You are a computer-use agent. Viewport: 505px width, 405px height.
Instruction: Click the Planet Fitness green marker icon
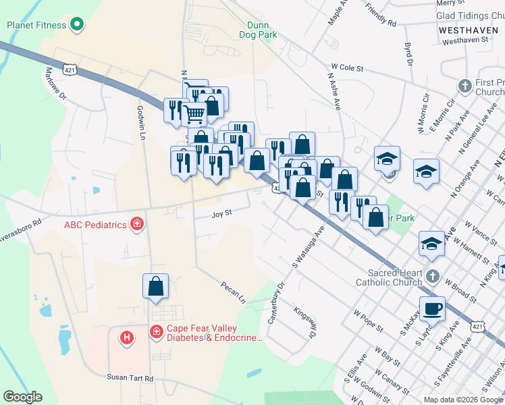click(x=77, y=26)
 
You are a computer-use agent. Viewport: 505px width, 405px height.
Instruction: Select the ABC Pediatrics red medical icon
click(x=137, y=223)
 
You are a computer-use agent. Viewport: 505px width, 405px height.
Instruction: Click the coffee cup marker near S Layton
click(x=432, y=308)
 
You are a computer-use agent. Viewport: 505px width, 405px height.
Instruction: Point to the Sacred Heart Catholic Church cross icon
click(x=433, y=277)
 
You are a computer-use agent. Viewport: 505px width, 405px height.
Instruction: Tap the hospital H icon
click(x=126, y=337)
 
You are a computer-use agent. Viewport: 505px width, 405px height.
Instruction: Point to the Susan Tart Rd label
click(x=130, y=379)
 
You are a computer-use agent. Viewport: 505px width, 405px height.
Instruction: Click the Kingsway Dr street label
click(x=304, y=323)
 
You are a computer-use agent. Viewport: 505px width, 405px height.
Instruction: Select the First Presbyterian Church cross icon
click(x=464, y=86)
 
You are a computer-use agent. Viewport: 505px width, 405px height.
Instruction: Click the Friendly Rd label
click(x=380, y=14)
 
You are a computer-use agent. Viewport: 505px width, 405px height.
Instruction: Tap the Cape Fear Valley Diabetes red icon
click(x=156, y=331)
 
